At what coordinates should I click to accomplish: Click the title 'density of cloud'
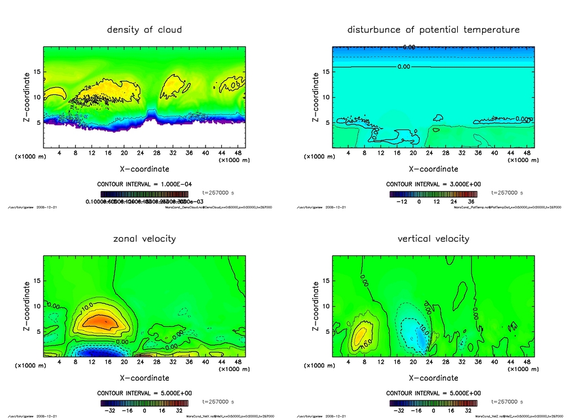(144, 29)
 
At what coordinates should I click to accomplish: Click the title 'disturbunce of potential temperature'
(433, 29)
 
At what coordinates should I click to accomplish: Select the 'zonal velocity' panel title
(144, 238)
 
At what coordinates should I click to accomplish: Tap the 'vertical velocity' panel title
(433, 238)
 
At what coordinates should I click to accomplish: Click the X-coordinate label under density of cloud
(144, 168)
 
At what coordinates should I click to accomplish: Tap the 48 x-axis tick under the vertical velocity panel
(527, 362)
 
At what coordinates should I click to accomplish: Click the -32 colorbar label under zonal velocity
(111, 410)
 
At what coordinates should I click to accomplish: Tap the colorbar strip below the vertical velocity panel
(433, 403)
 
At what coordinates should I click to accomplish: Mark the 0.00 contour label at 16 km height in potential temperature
(404, 67)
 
